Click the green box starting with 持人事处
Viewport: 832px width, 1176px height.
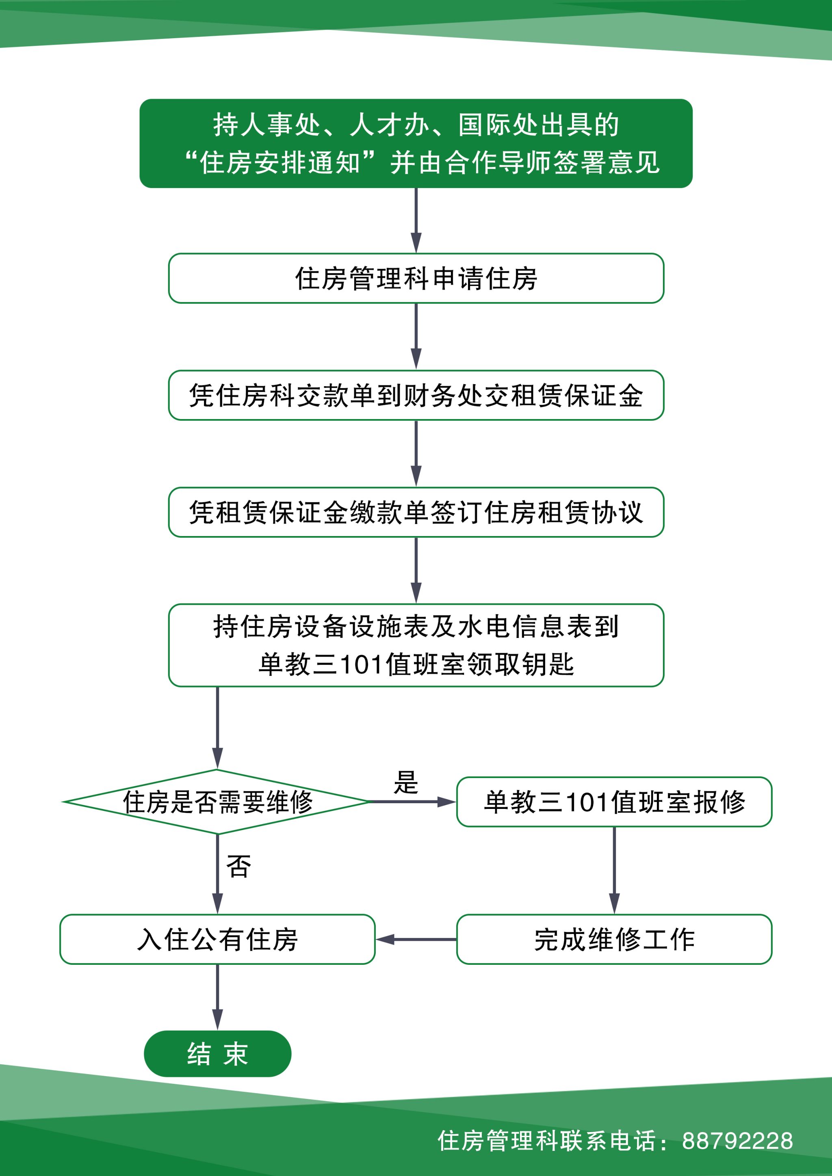click(x=416, y=143)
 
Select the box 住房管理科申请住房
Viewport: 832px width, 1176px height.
click(x=416, y=278)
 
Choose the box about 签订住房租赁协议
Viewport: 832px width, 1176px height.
click(x=416, y=512)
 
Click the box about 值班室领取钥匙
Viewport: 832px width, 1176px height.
click(x=416, y=645)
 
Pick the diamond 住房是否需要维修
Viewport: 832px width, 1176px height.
click(x=217, y=802)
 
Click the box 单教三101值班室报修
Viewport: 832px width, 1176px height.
click(x=614, y=802)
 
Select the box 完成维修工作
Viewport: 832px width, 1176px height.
click(x=614, y=939)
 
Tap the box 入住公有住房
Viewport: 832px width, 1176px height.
click(x=217, y=939)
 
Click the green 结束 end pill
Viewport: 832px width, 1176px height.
click(x=217, y=1054)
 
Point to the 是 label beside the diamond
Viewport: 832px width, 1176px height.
click(x=406, y=782)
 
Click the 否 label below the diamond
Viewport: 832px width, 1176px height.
click(x=239, y=867)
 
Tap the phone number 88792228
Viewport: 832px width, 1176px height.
click(x=737, y=1141)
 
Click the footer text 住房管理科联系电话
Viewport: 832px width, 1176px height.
click(x=547, y=1141)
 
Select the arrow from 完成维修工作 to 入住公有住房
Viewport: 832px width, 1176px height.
click(x=416, y=939)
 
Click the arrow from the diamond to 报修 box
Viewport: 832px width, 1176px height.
click(x=412, y=802)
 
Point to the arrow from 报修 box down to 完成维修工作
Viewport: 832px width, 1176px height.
click(x=614, y=870)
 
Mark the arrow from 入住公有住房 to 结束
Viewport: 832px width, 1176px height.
click(x=217, y=996)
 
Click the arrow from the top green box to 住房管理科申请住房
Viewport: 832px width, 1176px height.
click(x=416, y=220)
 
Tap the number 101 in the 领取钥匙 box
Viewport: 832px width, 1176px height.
click(x=361, y=665)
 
